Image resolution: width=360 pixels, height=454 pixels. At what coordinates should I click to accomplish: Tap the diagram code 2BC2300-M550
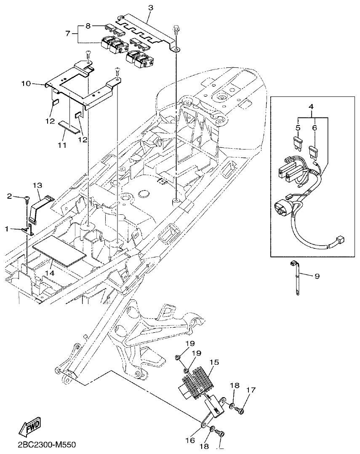(47, 445)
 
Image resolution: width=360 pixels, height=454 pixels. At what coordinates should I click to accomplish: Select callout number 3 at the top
(151, 8)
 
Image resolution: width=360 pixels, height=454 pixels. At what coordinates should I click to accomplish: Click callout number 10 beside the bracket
(26, 83)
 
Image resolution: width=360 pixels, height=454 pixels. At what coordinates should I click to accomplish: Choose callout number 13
(37, 185)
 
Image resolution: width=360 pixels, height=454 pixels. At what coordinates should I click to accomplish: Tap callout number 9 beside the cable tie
(317, 276)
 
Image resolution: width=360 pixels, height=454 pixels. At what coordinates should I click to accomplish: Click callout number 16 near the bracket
(190, 440)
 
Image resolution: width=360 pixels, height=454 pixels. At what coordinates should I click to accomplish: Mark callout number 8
(88, 25)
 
